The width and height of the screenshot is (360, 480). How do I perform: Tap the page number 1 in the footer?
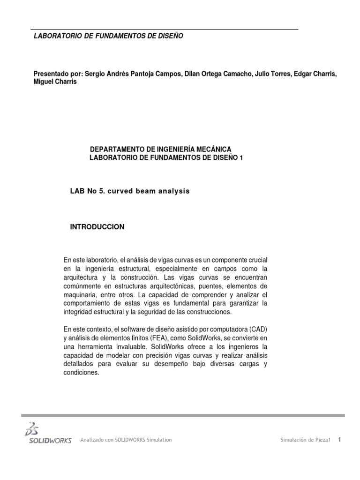(339, 439)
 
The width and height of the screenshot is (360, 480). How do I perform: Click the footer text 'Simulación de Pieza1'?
(306, 440)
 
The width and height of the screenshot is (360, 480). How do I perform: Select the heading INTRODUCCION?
(97, 227)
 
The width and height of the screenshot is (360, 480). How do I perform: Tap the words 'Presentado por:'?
(58, 74)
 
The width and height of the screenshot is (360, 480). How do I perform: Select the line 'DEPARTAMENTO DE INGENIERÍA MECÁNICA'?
(160, 149)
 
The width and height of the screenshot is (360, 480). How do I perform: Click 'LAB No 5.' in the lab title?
(86, 191)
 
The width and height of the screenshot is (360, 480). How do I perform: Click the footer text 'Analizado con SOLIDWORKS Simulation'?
(126, 440)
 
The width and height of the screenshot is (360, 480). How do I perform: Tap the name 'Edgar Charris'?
(315, 74)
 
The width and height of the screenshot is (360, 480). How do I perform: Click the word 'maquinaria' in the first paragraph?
(79, 294)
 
